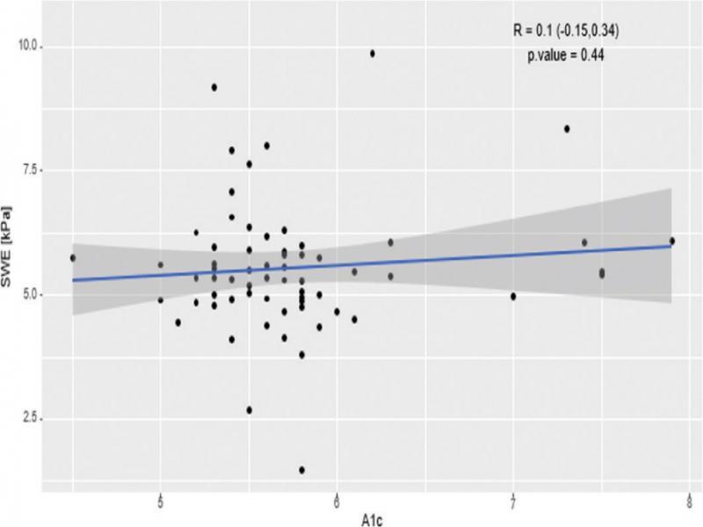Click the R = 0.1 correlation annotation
click(569, 32)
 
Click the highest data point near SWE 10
click(373, 54)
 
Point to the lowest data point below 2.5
click(301, 470)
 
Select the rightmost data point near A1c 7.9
click(671, 241)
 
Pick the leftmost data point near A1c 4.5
click(73, 257)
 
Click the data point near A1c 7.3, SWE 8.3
click(567, 128)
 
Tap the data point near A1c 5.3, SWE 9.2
click(214, 87)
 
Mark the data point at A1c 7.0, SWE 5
click(513, 296)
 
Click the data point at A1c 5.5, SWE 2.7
click(249, 410)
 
